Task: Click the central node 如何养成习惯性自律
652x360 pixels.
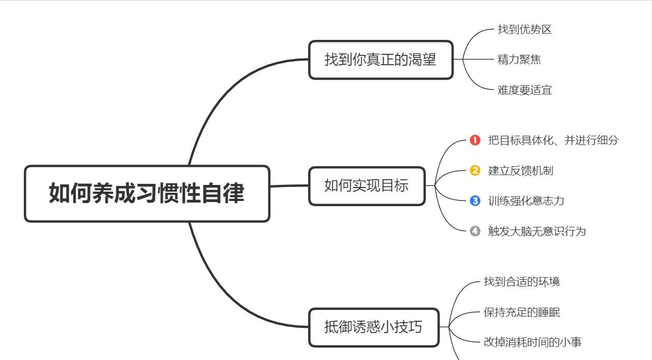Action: tap(147, 194)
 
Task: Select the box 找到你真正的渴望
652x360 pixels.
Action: tap(381, 60)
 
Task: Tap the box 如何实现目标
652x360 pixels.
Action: tap(367, 186)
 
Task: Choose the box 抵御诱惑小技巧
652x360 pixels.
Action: tap(373, 327)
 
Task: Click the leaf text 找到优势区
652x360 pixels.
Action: tap(525, 30)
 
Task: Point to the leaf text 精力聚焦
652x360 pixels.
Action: tap(519, 60)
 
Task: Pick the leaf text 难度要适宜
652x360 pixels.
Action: tap(525, 90)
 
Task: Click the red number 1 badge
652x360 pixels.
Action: tap(475, 140)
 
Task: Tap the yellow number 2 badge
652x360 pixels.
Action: tap(475, 170)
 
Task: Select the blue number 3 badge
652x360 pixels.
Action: tap(475, 201)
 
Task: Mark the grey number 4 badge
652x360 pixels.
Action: tap(475, 231)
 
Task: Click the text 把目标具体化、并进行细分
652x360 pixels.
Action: tap(553, 140)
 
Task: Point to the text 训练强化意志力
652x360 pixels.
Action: tap(526, 201)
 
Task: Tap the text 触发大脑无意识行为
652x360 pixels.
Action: tap(537, 231)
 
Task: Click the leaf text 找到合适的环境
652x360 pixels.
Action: tap(521, 282)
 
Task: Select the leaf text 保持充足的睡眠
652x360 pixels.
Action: tap(521, 312)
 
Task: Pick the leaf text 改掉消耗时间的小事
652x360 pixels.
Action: tap(532, 342)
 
